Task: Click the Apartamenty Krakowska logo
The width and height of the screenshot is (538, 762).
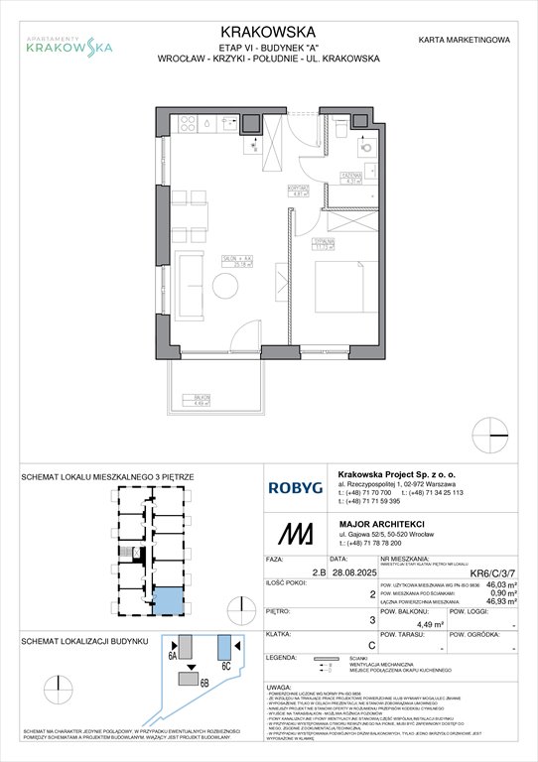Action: (x=68, y=41)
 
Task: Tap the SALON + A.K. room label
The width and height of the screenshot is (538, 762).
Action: (x=235, y=263)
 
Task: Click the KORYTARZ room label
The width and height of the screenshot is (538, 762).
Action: (x=294, y=190)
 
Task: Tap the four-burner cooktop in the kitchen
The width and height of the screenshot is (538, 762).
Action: (x=187, y=125)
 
